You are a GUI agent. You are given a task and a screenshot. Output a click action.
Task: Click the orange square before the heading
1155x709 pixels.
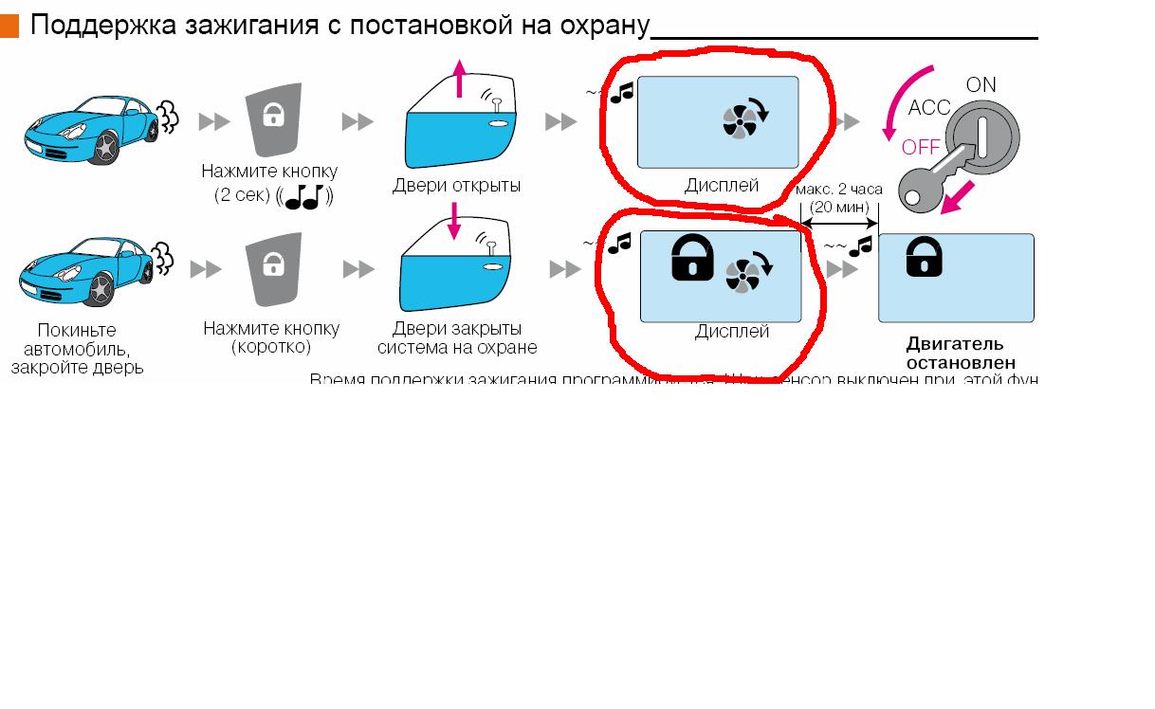click(x=9, y=26)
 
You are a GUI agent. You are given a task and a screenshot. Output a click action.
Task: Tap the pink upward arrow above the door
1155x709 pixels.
click(x=460, y=78)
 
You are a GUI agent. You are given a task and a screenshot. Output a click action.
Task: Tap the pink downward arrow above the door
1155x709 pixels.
click(x=454, y=221)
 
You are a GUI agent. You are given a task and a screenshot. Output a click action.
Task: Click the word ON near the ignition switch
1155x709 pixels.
click(x=981, y=84)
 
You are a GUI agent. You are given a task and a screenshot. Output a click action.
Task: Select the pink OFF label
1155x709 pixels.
click(x=921, y=147)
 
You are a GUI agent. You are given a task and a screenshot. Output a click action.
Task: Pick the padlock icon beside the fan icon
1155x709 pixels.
click(x=692, y=257)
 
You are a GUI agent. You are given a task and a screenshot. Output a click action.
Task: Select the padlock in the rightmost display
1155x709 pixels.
click(x=925, y=256)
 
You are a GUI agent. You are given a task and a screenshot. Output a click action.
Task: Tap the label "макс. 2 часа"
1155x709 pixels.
click(x=839, y=190)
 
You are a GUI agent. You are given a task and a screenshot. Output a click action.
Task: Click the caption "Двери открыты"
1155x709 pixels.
click(x=456, y=186)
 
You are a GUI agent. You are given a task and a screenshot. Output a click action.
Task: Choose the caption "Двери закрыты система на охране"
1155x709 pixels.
click(x=457, y=338)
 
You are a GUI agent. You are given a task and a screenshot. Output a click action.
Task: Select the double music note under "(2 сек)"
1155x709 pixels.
click(x=303, y=197)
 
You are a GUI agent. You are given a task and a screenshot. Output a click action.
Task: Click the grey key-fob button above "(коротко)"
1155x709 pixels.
click(x=272, y=270)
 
